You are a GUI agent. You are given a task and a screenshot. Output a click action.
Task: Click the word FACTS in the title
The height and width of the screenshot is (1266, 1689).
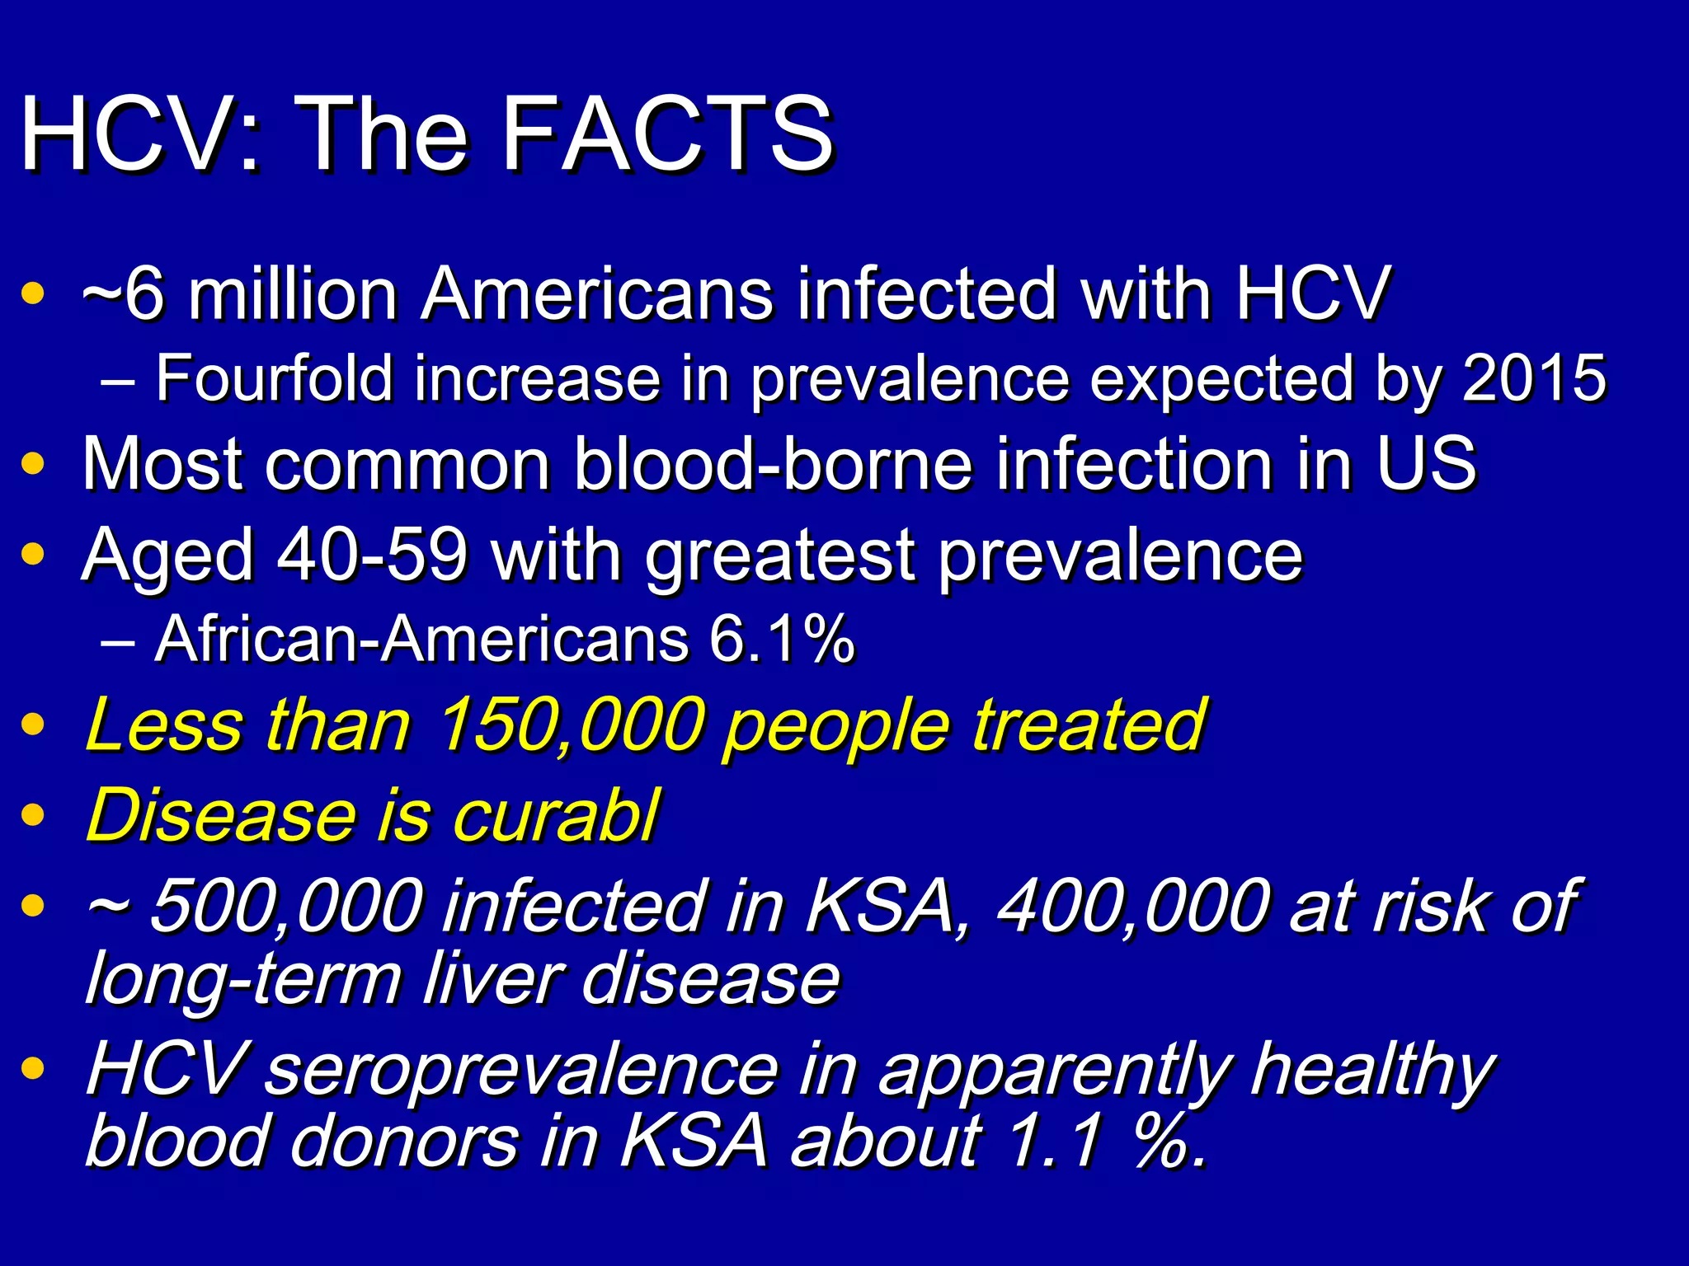coord(668,134)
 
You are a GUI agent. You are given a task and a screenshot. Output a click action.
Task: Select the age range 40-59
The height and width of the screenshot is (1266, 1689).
coord(372,555)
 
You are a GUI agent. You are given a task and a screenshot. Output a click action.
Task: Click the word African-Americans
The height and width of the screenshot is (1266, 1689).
coord(421,639)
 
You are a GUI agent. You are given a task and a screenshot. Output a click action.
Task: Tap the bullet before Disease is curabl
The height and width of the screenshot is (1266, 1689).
coord(33,816)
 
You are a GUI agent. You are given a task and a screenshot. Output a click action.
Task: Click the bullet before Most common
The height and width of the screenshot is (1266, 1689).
coord(33,463)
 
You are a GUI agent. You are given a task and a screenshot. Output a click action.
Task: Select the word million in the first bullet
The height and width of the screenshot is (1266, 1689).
coord(293,293)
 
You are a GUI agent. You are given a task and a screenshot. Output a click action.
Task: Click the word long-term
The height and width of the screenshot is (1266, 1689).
coord(243,979)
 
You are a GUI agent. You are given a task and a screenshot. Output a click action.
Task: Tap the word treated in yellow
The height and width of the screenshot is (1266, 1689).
coord(1089,725)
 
